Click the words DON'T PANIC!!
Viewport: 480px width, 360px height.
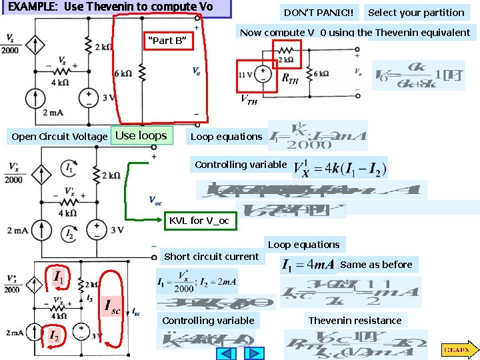pos(319,13)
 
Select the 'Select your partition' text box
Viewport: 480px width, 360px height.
pos(416,13)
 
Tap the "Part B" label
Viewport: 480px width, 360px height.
pos(169,41)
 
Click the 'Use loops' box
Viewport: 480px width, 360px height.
pos(141,136)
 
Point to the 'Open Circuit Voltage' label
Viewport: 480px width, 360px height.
pos(59,137)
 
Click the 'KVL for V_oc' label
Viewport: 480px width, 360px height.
pos(199,220)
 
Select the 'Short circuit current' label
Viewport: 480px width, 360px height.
pos(211,257)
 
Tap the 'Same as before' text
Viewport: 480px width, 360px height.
pos(376,265)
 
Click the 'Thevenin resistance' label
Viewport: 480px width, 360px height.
pos(355,321)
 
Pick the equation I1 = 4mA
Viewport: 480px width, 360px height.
pos(308,265)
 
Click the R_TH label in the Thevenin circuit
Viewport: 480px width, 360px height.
pos(290,80)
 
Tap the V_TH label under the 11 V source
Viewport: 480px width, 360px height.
pos(248,101)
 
